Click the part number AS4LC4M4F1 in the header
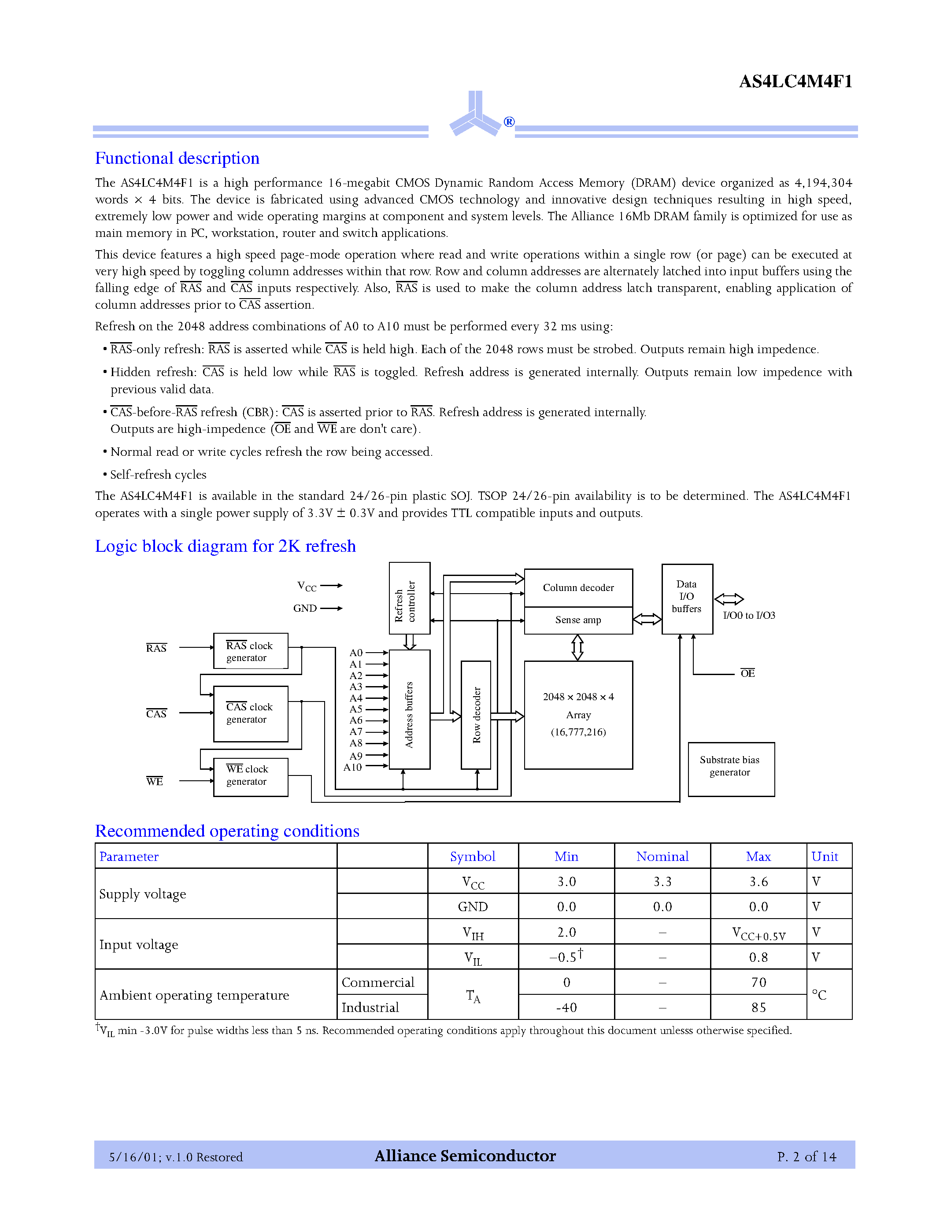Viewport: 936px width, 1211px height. (x=795, y=82)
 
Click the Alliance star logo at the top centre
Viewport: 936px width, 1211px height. (x=476, y=115)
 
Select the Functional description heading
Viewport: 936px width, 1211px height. (x=177, y=159)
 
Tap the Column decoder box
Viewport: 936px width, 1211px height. (x=578, y=588)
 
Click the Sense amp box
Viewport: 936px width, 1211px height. (x=578, y=620)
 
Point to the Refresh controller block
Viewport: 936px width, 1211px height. (x=409, y=599)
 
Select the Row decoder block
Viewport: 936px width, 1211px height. (x=476, y=715)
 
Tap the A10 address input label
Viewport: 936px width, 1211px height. (x=353, y=768)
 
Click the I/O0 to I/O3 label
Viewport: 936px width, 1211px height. (x=748, y=616)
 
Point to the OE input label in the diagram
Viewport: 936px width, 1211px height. (x=747, y=674)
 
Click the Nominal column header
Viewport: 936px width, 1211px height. (x=662, y=857)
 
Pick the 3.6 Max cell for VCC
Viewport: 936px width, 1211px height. (x=758, y=882)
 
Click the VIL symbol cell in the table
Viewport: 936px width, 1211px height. (x=473, y=958)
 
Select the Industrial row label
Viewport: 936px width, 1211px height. (x=370, y=1008)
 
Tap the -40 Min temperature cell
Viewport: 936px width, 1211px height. (x=566, y=1008)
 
